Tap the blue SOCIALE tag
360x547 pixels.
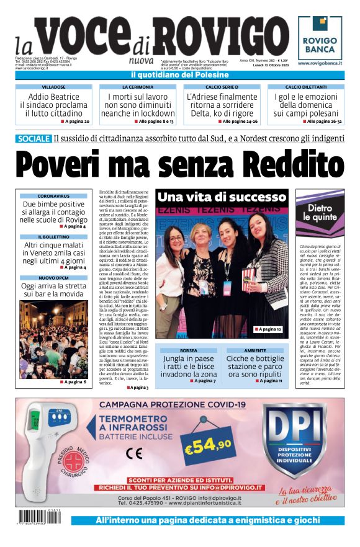[x=34, y=139]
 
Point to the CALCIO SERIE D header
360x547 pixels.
[x=222, y=87]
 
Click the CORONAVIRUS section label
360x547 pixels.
[x=53, y=196]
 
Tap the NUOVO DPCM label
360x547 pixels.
[x=53, y=278]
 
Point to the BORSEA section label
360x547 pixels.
[x=189, y=350]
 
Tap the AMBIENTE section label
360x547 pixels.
[x=255, y=350]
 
